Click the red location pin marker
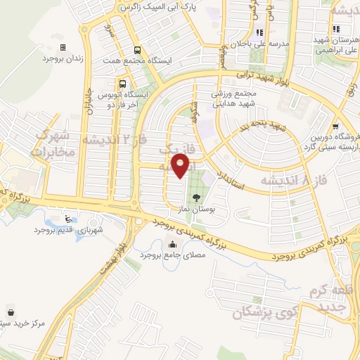pyautogui.click(x=181, y=166)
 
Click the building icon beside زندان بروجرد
pyautogui.click(x=63, y=47)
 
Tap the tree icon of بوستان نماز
pyautogui.click(x=195, y=198)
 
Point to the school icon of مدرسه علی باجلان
pyautogui.click(x=259, y=32)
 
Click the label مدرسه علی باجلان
pyautogui.click(x=259, y=43)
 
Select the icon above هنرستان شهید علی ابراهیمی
pyautogui.click(x=337, y=29)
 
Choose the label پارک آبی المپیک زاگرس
pyautogui.click(x=159, y=7)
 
